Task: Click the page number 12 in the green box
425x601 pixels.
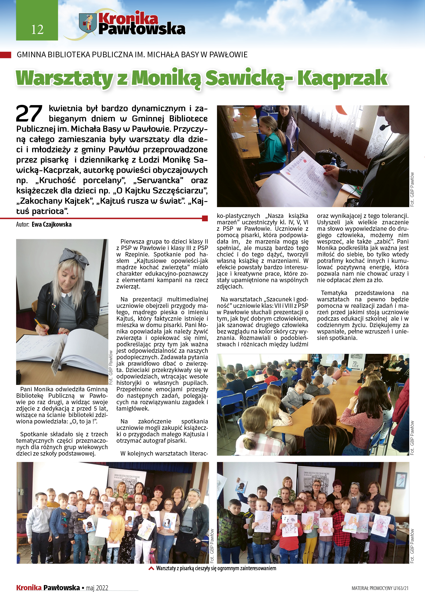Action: point(37,29)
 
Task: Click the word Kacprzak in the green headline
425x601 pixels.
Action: point(343,78)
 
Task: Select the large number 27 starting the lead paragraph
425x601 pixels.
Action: point(29,114)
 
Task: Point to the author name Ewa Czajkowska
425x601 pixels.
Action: point(52,224)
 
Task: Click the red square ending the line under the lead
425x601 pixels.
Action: point(205,218)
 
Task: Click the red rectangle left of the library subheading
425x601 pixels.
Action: point(6,55)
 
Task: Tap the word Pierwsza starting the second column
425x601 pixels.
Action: point(132,241)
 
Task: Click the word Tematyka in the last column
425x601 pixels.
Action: point(334,293)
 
